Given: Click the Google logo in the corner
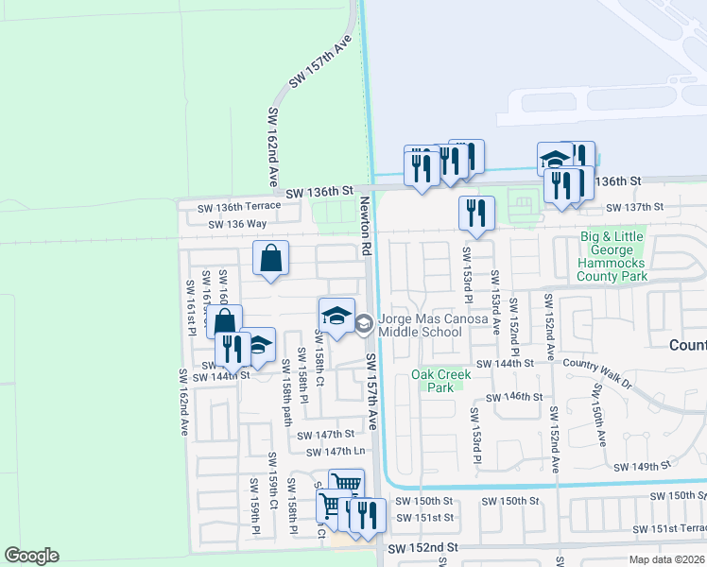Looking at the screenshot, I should [31, 556].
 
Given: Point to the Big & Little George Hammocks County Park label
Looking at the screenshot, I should [613, 256].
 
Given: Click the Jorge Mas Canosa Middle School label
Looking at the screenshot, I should [433, 326].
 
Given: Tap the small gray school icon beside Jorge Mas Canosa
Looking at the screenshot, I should [363, 325].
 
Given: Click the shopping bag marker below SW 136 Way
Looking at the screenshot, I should [271, 258].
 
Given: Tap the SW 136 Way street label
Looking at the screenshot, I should [239, 224].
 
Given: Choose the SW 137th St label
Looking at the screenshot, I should [636, 208].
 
